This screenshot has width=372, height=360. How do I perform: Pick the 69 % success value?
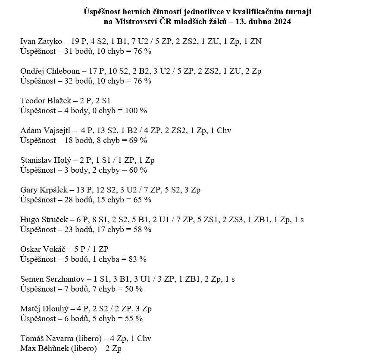138,140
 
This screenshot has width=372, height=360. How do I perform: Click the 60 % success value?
138,170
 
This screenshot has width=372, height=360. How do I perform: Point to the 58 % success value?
142,230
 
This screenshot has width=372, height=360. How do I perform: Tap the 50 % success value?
133,289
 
